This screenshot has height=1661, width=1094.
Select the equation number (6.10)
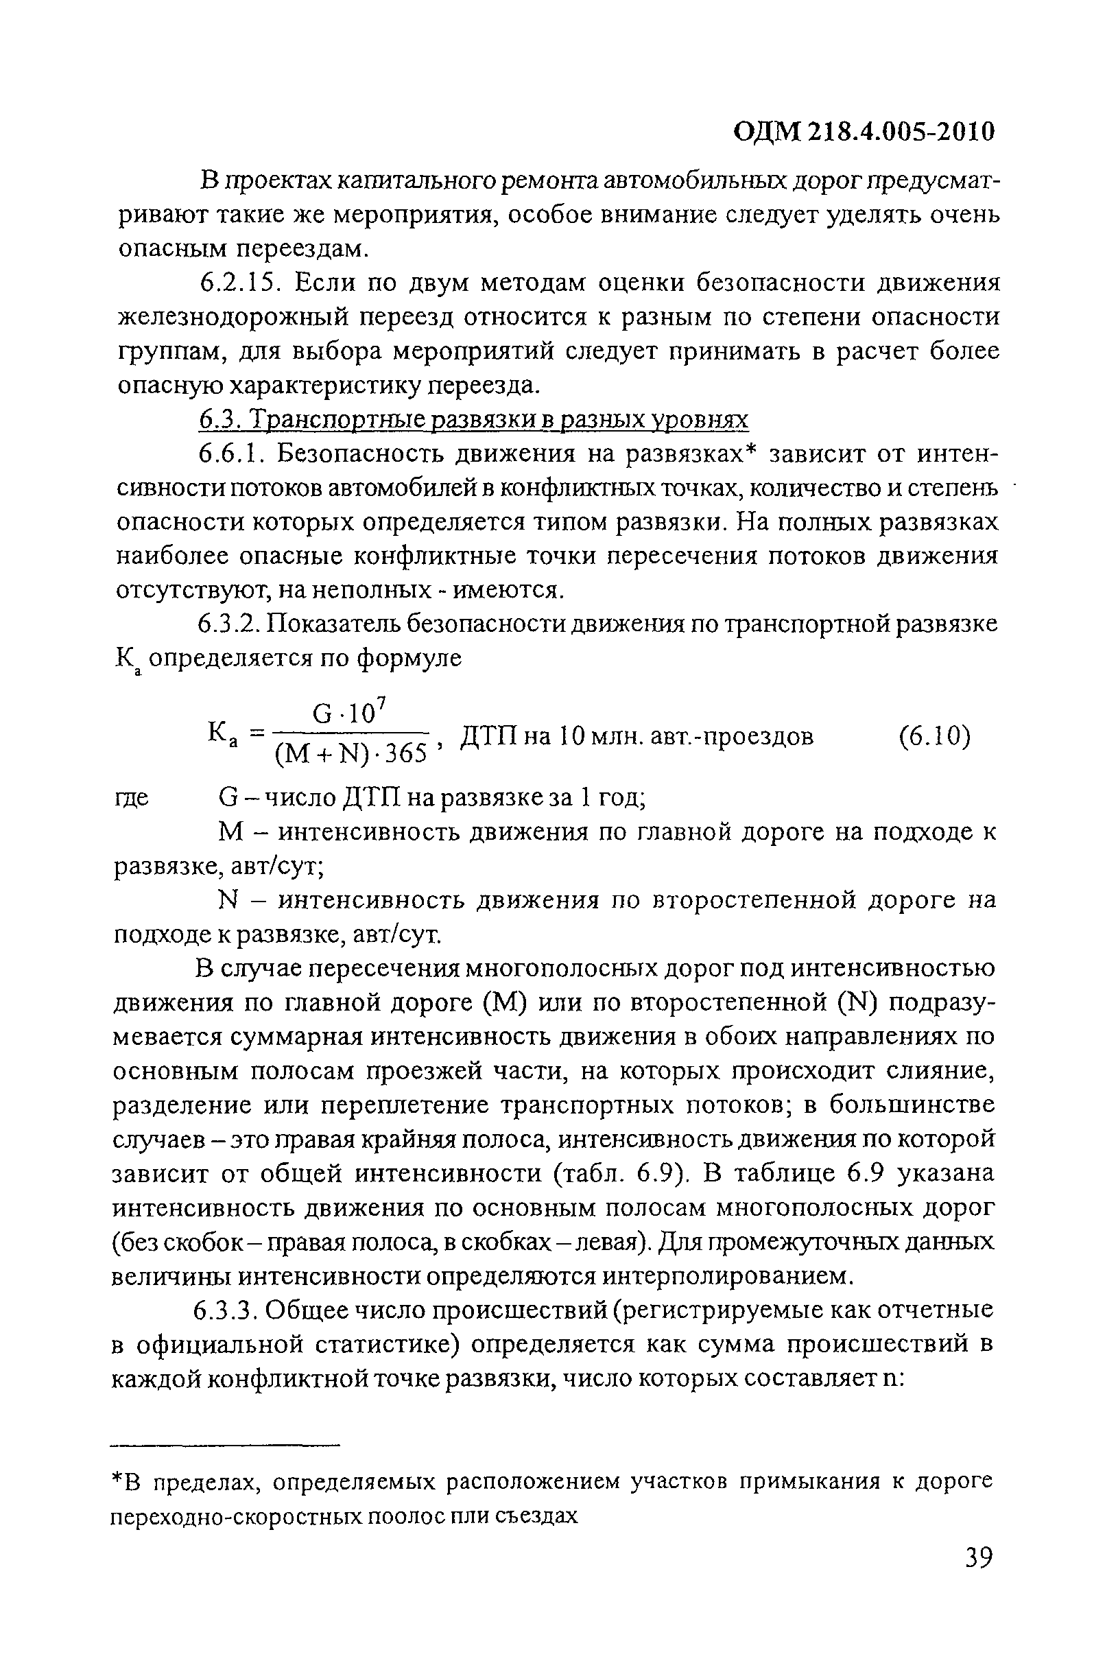coord(934,736)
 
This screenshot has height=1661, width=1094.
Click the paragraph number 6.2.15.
coord(239,283)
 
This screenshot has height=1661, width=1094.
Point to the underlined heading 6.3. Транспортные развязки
coord(475,420)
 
